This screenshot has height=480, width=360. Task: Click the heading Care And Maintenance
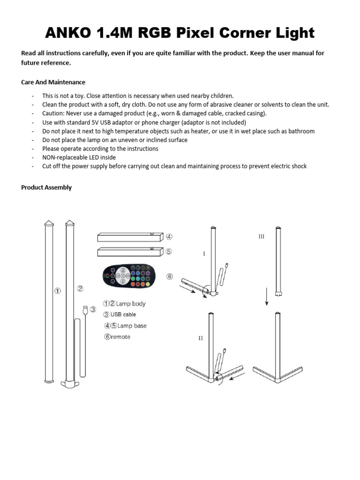pos(53,82)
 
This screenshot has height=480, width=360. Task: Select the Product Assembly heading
pos(46,187)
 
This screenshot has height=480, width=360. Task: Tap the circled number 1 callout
pos(57,291)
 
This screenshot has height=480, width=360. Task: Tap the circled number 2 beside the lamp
pos(81,289)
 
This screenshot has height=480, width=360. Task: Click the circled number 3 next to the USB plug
pos(93,309)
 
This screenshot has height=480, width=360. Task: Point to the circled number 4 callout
pos(169,237)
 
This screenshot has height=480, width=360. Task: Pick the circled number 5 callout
pos(169,252)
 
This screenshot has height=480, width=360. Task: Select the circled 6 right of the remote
pos(170,277)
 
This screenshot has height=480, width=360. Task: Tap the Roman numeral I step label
pos(204,254)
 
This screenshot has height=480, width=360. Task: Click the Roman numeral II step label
pos(201,338)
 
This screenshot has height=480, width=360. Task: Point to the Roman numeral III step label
pos(261,237)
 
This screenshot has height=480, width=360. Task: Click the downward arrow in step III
pos(267,297)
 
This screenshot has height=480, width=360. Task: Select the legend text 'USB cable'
pos(123,315)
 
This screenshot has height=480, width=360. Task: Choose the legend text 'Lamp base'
pos(132,326)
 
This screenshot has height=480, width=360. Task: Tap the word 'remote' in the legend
pos(120,337)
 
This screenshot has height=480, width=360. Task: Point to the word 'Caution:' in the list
pos(53,113)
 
